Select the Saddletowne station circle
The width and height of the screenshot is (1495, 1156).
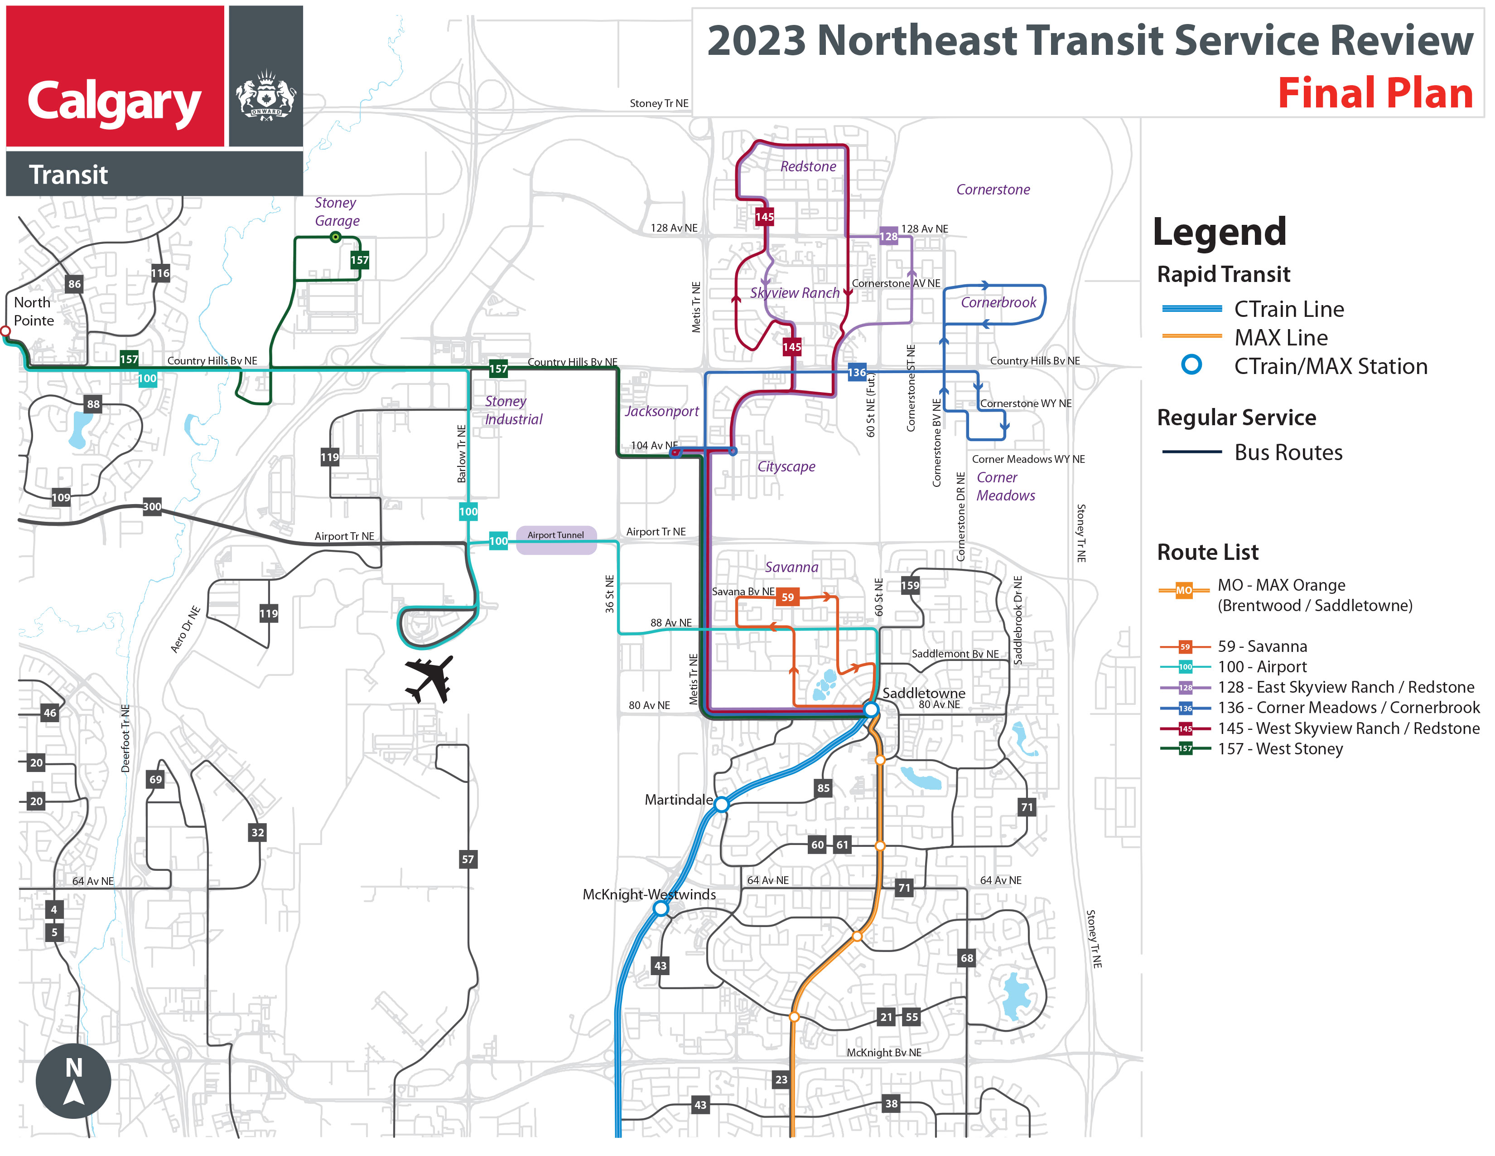click(871, 709)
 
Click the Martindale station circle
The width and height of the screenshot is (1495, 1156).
click(722, 805)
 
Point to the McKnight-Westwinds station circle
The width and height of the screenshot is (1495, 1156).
click(661, 909)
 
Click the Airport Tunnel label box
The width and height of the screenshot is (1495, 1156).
click(556, 535)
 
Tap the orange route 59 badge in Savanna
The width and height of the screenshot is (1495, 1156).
click(788, 597)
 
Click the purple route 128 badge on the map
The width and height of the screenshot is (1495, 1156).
click(888, 236)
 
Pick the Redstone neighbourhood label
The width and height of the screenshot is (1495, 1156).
click(808, 166)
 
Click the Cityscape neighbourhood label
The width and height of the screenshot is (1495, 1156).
click(786, 466)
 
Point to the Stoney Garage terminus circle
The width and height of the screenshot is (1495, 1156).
click(335, 237)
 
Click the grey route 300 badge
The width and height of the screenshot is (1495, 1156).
click(152, 507)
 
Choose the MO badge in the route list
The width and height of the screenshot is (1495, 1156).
click(1184, 590)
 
